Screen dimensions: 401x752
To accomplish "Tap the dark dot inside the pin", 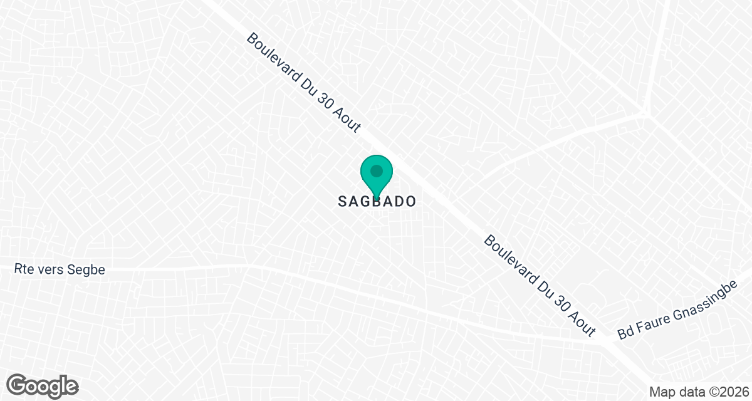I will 376,170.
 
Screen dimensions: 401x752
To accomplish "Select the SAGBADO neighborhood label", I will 377,202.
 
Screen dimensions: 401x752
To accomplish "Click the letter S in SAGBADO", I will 343,202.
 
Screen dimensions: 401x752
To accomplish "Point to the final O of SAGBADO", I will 410,202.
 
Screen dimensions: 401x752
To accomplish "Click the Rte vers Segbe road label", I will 60,270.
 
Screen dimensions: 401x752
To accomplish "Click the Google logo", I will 43,385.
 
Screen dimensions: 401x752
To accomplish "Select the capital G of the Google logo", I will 17,385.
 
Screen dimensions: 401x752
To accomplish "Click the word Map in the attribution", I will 661,392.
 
